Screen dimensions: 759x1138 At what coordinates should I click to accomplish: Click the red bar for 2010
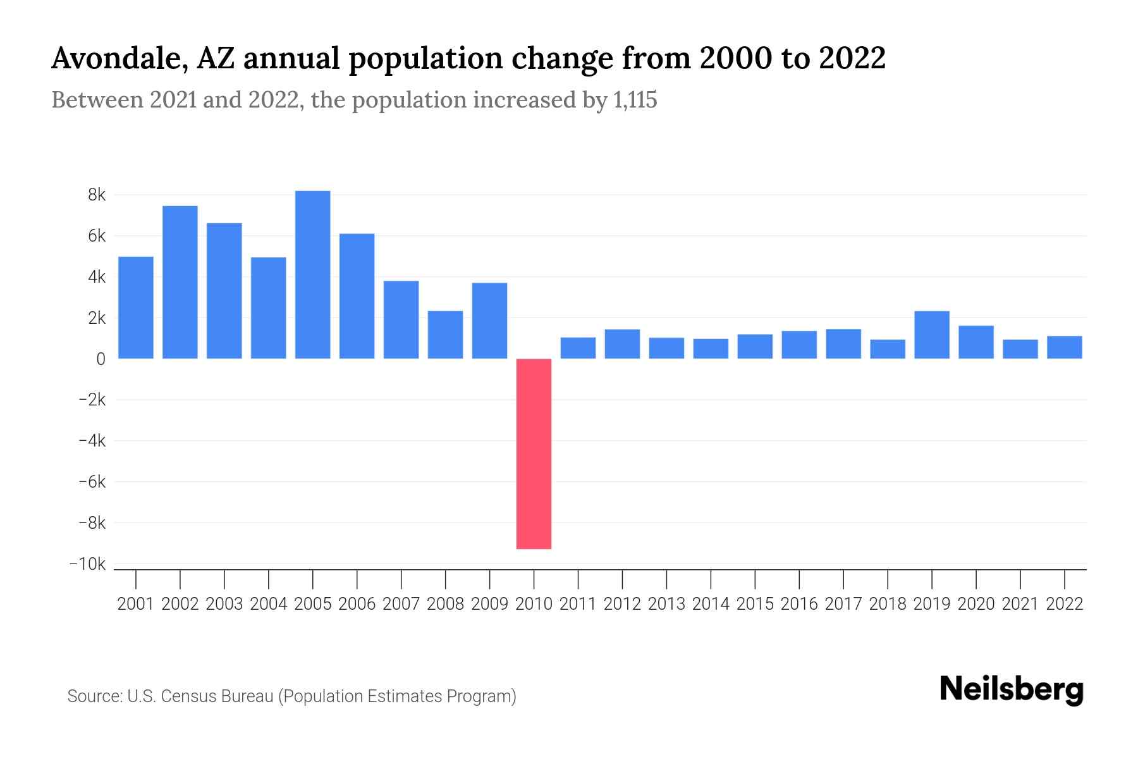coord(534,454)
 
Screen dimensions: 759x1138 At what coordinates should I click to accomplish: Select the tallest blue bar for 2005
coord(312,275)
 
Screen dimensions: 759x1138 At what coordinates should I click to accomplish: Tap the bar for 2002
coord(180,282)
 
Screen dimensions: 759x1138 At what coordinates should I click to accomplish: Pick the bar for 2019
coord(932,335)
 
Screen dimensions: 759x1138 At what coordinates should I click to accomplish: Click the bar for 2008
coord(445,335)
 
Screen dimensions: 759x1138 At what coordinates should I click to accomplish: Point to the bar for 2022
coord(1065,347)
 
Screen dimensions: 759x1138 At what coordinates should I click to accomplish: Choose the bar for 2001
coord(136,307)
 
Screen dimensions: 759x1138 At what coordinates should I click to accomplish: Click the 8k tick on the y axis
coord(97,195)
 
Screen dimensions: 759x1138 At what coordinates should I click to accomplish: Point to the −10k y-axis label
coord(88,564)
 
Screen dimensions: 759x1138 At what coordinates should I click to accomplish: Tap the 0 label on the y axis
coord(101,359)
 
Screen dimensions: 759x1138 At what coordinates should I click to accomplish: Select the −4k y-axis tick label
coord(92,441)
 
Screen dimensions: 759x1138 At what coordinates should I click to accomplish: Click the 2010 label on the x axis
coord(534,604)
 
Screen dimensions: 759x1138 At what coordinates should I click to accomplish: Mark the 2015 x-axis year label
coord(755,604)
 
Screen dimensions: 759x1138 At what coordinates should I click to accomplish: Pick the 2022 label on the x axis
coord(1065,604)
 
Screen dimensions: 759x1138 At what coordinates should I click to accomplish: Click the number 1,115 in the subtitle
coord(635,100)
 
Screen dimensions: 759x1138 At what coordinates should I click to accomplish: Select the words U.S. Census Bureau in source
coord(200,696)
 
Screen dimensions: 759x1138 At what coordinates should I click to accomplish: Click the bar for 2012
coord(622,344)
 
